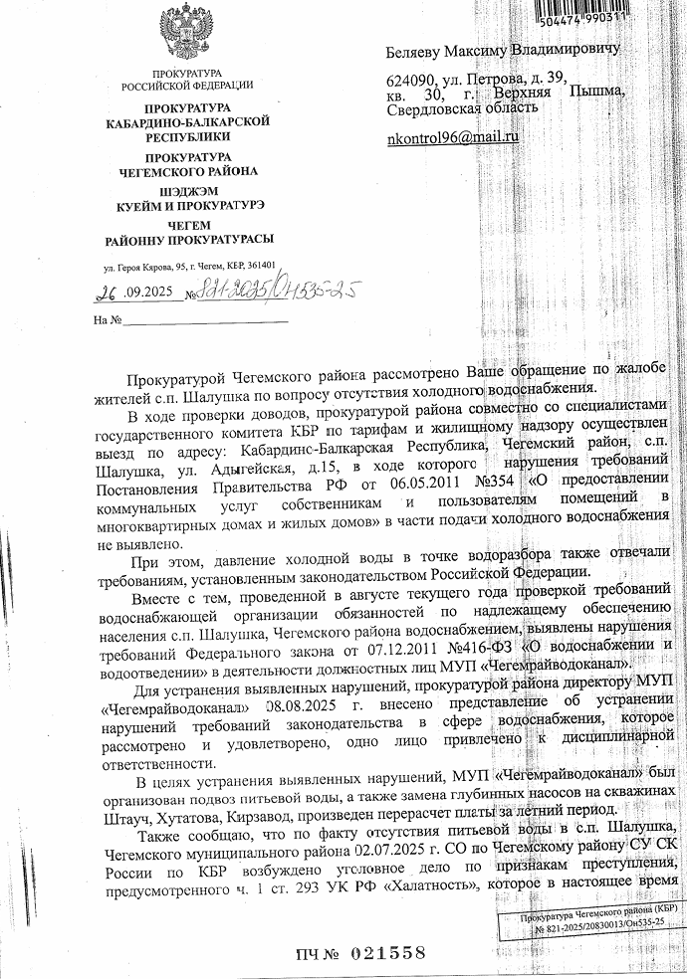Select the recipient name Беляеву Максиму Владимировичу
pyautogui.click(x=502, y=49)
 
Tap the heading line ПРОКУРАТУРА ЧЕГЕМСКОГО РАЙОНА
pyautogui.click(x=188, y=164)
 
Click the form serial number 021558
pyautogui.click(x=388, y=952)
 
